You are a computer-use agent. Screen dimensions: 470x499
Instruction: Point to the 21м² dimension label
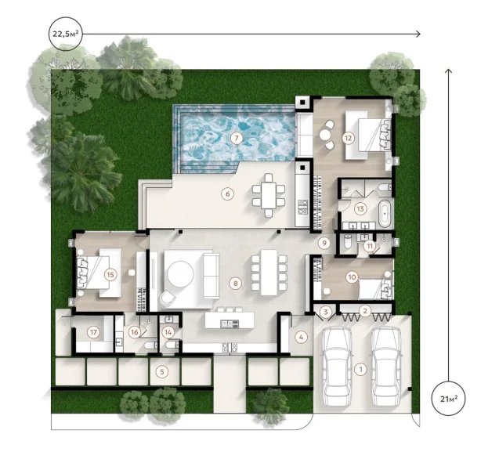(450, 402)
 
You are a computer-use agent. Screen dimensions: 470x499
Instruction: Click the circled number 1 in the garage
(360, 368)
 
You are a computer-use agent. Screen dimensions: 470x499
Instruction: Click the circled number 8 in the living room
(233, 281)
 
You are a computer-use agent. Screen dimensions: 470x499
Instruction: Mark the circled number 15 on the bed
(110, 274)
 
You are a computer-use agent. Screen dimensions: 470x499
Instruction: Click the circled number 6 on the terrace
(227, 193)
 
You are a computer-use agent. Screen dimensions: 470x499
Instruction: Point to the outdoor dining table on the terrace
(269, 195)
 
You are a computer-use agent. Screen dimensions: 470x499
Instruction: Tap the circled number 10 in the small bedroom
(352, 276)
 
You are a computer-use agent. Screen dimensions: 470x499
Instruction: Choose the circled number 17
(93, 332)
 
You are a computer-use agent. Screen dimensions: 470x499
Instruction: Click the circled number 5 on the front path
(162, 371)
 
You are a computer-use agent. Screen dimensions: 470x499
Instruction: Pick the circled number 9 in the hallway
(323, 243)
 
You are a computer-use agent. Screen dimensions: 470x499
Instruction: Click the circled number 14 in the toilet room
(168, 331)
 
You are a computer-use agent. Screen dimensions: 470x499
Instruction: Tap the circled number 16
(135, 332)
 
